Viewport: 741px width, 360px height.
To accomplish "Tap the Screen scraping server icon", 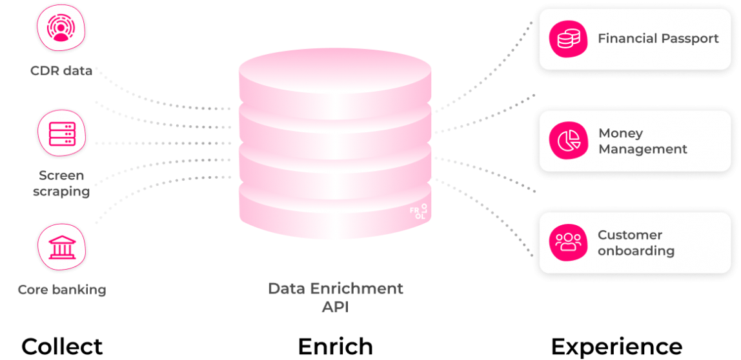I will point(63,132).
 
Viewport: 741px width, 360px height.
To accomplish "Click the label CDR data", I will point(61,70).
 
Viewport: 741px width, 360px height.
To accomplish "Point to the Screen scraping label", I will point(62,183).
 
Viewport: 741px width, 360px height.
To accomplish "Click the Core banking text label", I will point(62,290).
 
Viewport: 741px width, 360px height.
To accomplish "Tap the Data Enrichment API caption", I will point(335,297).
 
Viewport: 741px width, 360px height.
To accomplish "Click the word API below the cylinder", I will point(335,307).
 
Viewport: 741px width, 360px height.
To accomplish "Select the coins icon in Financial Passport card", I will point(569,39).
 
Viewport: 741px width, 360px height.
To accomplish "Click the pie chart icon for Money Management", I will point(569,141).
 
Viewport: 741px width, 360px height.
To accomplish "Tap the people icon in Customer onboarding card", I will point(569,243).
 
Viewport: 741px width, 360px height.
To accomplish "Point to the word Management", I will point(643,149).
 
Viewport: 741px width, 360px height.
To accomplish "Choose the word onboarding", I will point(636,251).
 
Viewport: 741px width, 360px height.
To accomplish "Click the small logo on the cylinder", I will point(418,212).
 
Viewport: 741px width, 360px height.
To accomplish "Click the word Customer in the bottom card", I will point(630,235).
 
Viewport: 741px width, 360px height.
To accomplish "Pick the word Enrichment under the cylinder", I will point(359,288).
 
